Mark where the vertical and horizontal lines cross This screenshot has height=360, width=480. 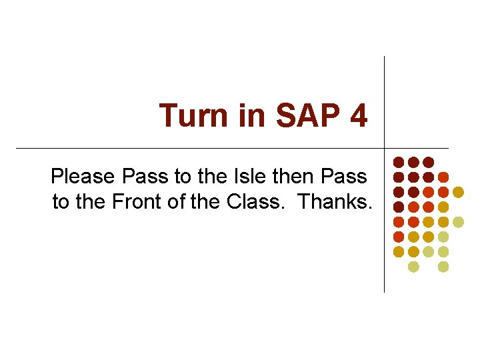click(x=385, y=148)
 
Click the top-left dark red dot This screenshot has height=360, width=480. click(x=399, y=162)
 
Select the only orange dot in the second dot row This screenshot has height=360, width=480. click(x=443, y=177)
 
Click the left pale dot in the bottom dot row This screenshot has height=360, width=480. click(x=413, y=267)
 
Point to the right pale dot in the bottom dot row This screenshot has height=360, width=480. click(x=443, y=267)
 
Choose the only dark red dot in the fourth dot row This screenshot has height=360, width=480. click(x=399, y=207)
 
